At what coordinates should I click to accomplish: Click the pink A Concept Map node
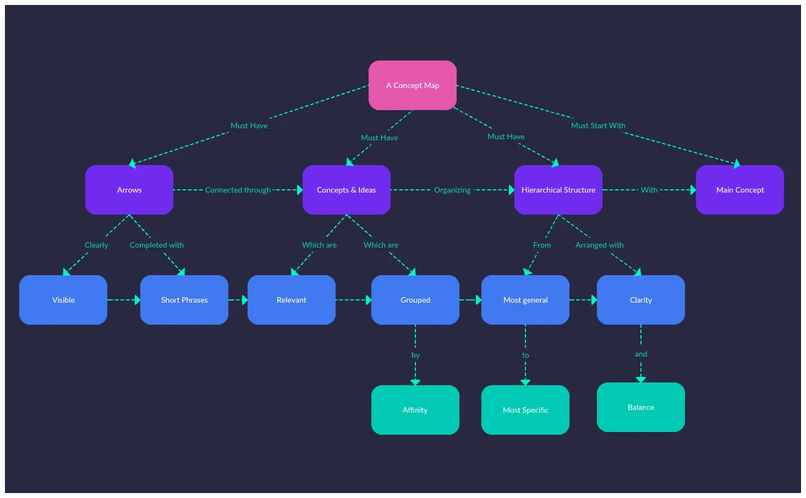click(413, 85)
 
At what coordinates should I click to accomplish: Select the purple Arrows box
click(129, 190)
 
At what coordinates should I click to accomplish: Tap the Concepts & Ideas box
click(347, 190)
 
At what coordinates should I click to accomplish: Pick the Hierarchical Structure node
click(558, 190)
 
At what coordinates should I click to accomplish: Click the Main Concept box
click(740, 190)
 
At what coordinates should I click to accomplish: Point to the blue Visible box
click(63, 300)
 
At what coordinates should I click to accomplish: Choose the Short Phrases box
click(184, 300)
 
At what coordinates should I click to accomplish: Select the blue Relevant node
click(292, 300)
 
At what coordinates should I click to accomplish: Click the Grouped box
click(415, 300)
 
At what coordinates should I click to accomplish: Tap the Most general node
click(525, 300)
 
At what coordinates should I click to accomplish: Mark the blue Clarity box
click(641, 300)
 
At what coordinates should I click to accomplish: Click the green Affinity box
click(415, 410)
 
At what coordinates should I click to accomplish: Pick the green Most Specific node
click(525, 410)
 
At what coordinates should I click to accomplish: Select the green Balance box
click(641, 407)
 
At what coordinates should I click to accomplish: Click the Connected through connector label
click(238, 190)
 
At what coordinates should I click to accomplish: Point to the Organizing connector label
click(452, 190)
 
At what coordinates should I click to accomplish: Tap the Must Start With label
click(598, 125)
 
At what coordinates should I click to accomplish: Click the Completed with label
click(157, 245)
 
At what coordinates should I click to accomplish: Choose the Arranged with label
click(600, 245)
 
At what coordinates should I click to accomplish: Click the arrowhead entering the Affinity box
click(415, 382)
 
